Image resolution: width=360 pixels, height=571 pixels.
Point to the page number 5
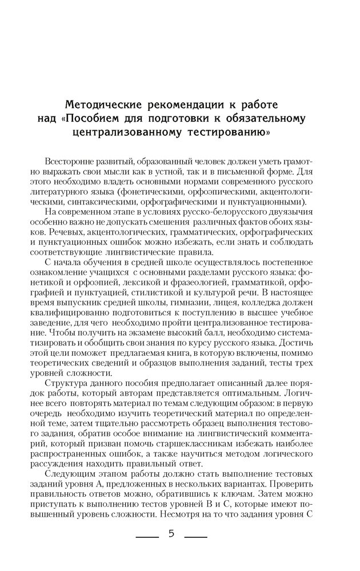coord(171,534)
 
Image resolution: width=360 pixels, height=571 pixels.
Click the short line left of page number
coord(145,536)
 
